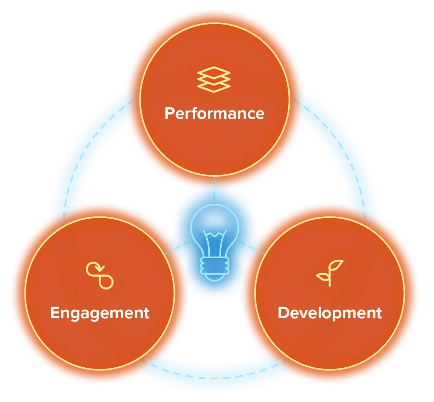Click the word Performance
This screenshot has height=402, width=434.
pyautogui.click(x=214, y=113)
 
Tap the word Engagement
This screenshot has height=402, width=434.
pyautogui.click(x=99, y=313)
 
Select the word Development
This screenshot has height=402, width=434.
pyautogui.click(x=329, y=313)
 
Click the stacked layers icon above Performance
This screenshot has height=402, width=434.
pyautogui.click(x=214, y=79)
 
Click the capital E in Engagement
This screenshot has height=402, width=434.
pyautogui.click(x=55, y=313)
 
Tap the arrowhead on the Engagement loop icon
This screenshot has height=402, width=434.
pyautogui.click(x=103, y=269)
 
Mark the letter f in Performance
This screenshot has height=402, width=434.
pyautogui.click(x=195, y=113)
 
